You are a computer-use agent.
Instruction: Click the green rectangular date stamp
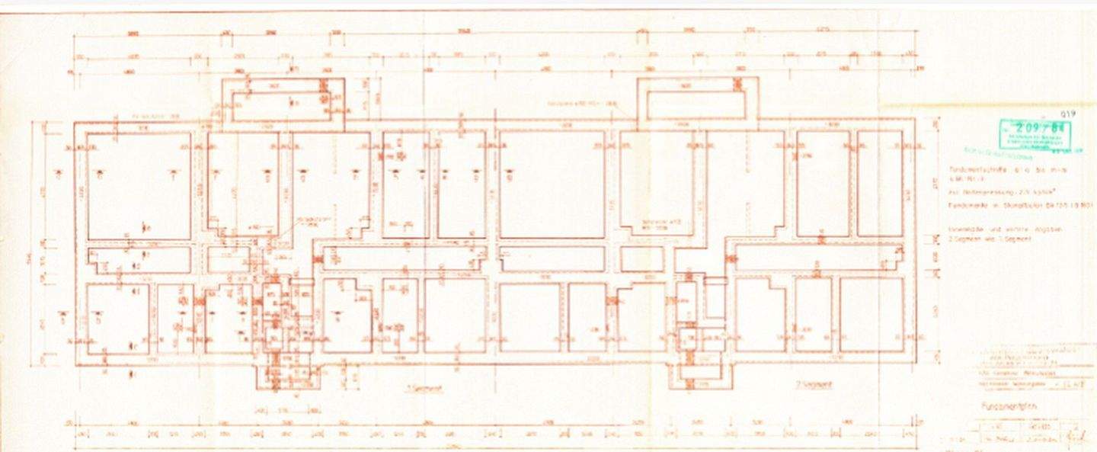click(x=1035, y=135)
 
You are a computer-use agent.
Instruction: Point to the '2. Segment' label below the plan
click(x=814, y=384)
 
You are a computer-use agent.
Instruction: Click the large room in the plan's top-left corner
click(x=139, y=186)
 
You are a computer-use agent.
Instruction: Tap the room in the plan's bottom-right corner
click(x=871, y=315)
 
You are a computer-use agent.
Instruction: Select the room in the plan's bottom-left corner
click(x=117, y=319)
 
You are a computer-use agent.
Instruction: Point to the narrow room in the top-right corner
click(x=880, y=183)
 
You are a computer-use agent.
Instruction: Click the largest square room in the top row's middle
click(x=552, y=184)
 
